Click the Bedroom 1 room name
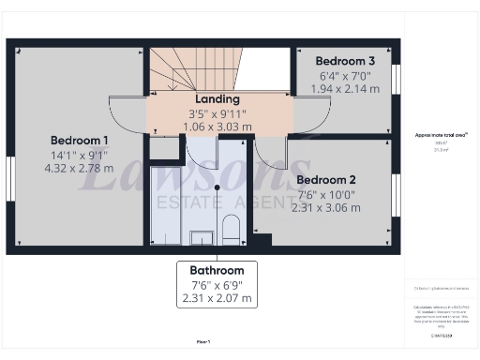click(x=80, y=140)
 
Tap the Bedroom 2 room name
click(x=325, y=179)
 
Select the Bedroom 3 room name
click(x=344, y=60)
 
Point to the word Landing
click(x=217, y=98)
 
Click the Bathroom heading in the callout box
click(x=217, y=270)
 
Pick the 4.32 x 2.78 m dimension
click(x=80, y=170)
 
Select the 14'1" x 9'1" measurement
click(x=80, y=156)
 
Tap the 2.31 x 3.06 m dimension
click(x=325, y=208)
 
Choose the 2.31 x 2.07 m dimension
click(x=217, y=299)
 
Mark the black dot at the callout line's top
click(x=217, y=187)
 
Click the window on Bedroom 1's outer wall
click(x=10, y=178)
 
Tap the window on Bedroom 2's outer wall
click(x=397, y=197)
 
